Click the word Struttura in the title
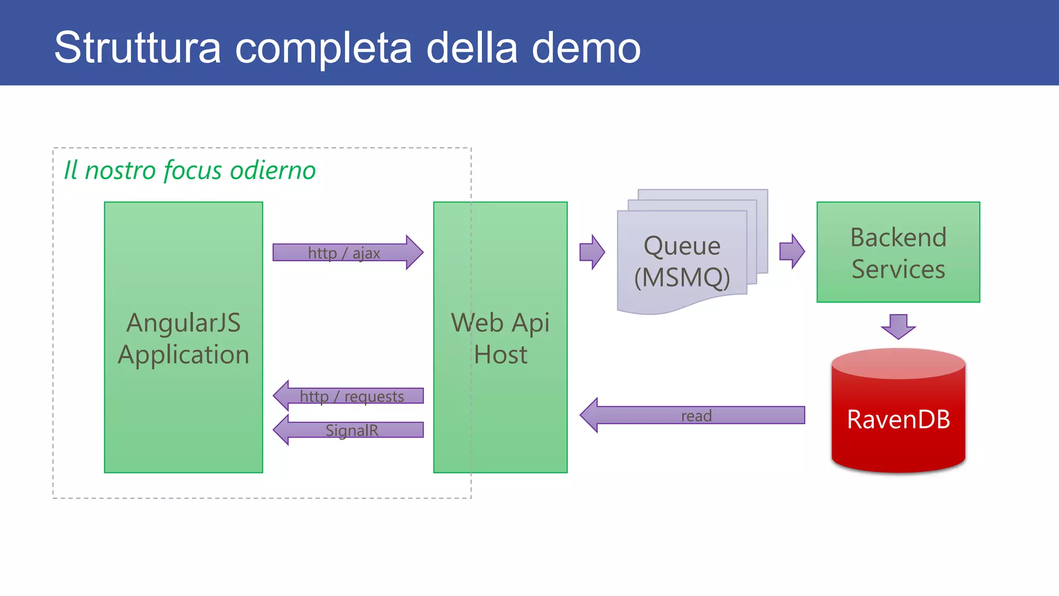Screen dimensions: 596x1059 click(x=138, y=48)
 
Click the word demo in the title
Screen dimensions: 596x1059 click(x=586, y=48)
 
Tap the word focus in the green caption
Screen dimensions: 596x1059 click(x=193, y=170)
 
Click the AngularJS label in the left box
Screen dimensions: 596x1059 click(x=184, y=323)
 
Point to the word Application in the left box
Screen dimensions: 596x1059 click(x=184, y=355)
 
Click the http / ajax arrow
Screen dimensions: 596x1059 click(x=346, y=252)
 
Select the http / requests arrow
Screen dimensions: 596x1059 click(x=352, y=396)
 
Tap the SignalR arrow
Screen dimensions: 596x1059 click(x=352, y=430)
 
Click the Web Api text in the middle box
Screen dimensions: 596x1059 click(x=500, y=323)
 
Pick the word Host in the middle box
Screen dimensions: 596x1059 click(x=500, y=355)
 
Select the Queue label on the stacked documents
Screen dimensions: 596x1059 click(x=682, y=246)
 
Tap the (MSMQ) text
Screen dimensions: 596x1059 click(x=682, y=277)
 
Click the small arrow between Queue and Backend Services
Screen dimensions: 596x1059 click(x=792, y=251)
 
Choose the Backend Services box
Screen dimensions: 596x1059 click(x=898, y=252)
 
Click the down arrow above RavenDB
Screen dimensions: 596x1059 click(x=898, y=326)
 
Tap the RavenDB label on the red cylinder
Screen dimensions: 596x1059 click(x=898, y=419)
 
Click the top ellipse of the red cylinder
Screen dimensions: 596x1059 click(x=898, y=363)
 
